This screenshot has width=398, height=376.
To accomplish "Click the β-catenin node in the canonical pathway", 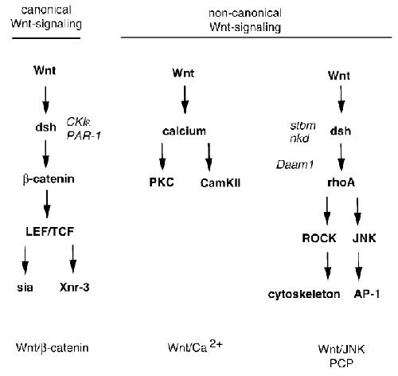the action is [49, 179].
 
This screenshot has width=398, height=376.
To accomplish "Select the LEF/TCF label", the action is [50, 232].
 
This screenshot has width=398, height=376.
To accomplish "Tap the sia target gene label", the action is [25, 288].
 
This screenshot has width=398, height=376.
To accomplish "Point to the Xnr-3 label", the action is [75, 288].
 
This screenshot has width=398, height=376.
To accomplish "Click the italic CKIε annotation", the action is [78, 122].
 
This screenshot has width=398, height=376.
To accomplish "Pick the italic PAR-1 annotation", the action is [84, 135].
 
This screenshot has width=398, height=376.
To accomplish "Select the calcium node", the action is [184, 131].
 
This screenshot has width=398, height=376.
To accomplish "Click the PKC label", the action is [162, 182].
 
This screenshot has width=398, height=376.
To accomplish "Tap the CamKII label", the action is [220, 183].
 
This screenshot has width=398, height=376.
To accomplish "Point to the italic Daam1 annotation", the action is [295, 165].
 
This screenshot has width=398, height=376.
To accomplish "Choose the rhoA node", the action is [341, 182].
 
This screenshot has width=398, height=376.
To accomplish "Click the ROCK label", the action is [319, 238].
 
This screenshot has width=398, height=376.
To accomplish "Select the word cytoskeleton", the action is [304, 294].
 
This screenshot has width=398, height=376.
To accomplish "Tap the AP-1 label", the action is [367, 294].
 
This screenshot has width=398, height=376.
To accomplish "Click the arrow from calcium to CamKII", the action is [209, 157].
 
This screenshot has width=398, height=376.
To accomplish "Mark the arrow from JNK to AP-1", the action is [359, 266].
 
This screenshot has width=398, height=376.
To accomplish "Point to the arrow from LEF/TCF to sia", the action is [25, 260].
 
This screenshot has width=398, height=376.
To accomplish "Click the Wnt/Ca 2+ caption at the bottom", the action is [195, 347].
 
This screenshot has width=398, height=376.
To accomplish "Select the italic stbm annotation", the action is [303, 125].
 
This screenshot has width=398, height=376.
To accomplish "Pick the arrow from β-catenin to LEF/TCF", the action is [47, 204].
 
